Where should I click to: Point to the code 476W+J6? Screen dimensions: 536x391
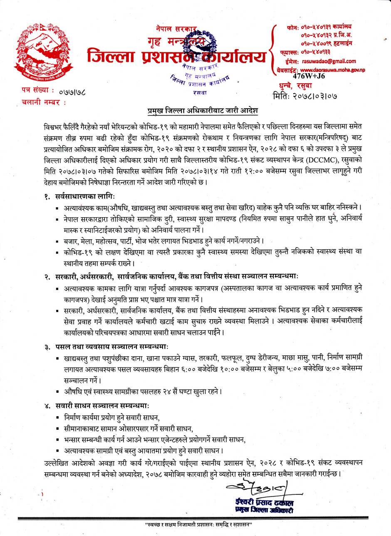(x=309, y=76)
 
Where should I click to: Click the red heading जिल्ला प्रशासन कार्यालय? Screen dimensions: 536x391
(x=177, y=56)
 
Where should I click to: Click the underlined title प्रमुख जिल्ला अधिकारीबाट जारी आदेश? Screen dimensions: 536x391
(x=203, y=111)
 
